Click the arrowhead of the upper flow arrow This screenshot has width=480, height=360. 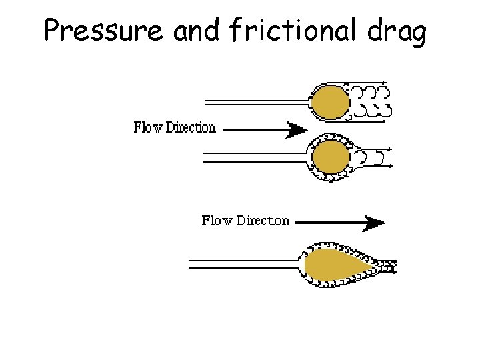coord(296,129)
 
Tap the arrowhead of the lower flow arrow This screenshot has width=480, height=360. coord(375,223)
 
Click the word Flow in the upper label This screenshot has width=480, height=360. coord(148,127)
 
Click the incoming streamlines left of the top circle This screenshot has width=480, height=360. coord(257,101)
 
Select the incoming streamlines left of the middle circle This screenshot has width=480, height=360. coord(253,158)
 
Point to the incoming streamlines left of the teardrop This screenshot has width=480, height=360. coord(243,265)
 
